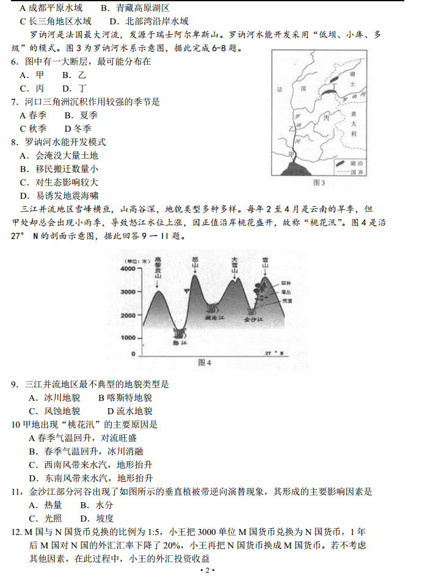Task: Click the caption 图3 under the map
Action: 319,182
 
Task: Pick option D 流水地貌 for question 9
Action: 129,411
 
